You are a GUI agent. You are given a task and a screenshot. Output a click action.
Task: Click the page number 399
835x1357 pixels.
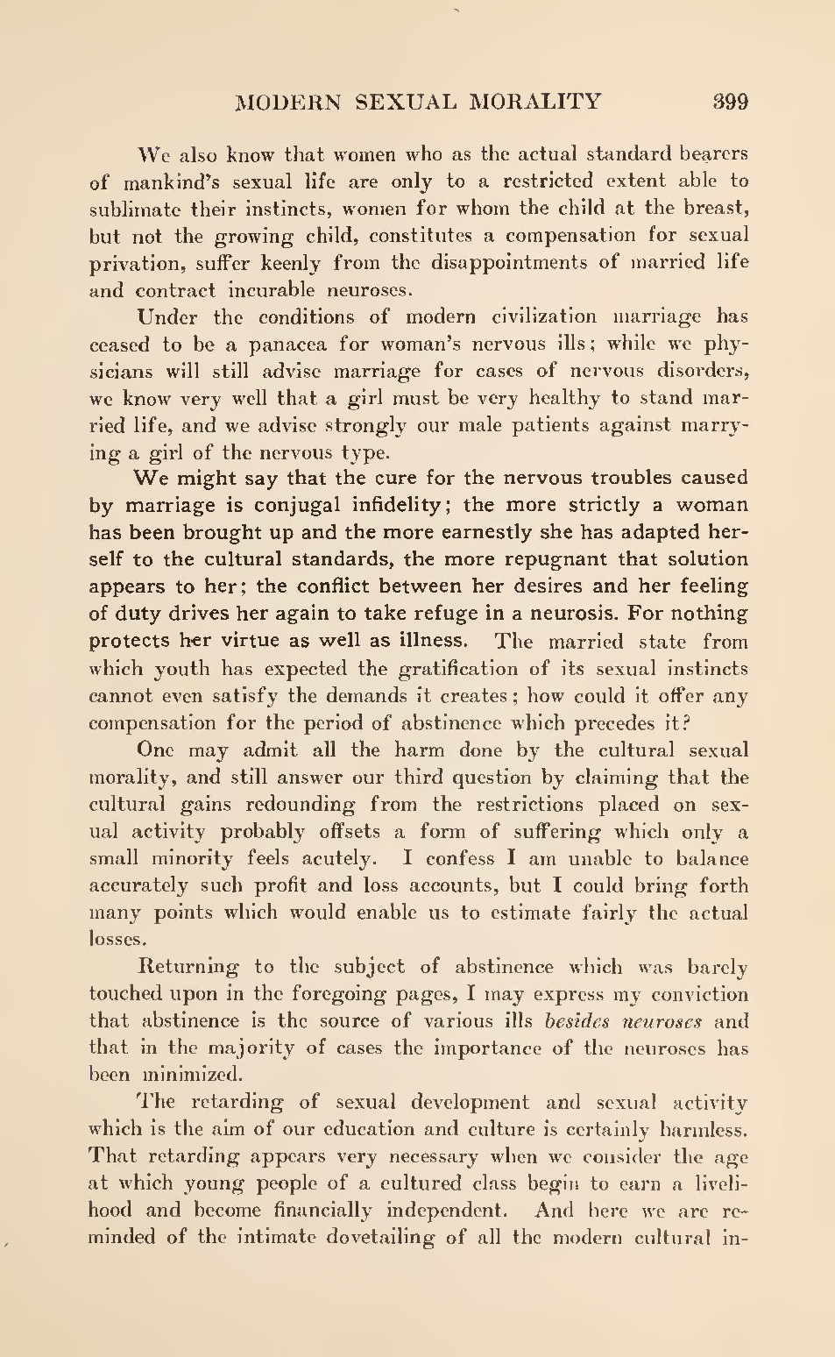731,102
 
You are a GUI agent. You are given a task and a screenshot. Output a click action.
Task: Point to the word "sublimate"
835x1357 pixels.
133,209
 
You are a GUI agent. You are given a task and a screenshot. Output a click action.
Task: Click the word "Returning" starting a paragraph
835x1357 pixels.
188,967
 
